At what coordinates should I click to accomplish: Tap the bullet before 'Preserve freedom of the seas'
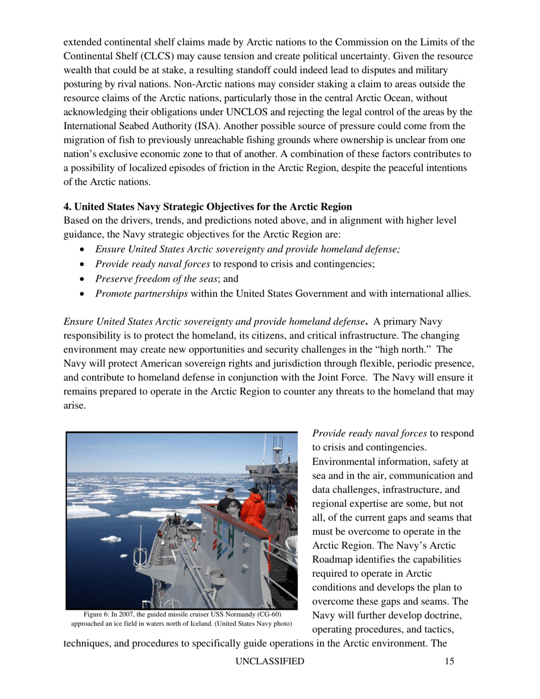pyautogui.click(x=85, y=279)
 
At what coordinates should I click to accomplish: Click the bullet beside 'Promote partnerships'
pyautogui.click(x=85, y=294)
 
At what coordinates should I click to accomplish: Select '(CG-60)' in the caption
pyautogui.click(x=267, y=615)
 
